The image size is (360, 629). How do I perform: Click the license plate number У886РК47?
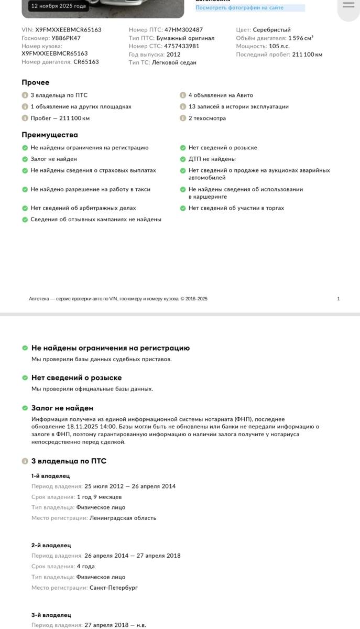[66, 38]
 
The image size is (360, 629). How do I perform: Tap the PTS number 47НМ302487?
[183, 30]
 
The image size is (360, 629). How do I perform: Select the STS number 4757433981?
[182, 46]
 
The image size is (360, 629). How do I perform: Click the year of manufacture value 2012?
[173, 55]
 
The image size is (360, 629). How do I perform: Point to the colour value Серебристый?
[271, 30]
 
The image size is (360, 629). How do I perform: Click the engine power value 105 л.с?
[279, 46]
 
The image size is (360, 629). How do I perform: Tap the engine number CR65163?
[86, 62]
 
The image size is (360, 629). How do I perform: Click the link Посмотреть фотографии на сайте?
[239, 8]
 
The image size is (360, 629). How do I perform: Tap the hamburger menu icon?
[348, 5]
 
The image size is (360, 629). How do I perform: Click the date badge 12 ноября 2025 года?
[58, 6]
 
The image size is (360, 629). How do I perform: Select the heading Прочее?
[36, 82]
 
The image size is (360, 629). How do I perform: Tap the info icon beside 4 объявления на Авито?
[183, 95]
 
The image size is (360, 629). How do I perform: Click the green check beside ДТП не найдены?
[183, 159]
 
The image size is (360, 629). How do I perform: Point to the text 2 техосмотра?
[207, 118]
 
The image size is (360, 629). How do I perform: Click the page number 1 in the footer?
[339, 299]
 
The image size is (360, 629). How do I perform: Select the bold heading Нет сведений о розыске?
[77, 378]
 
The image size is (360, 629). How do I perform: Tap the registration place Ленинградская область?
[123, 518]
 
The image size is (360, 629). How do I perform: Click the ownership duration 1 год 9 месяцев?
[99, 497]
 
